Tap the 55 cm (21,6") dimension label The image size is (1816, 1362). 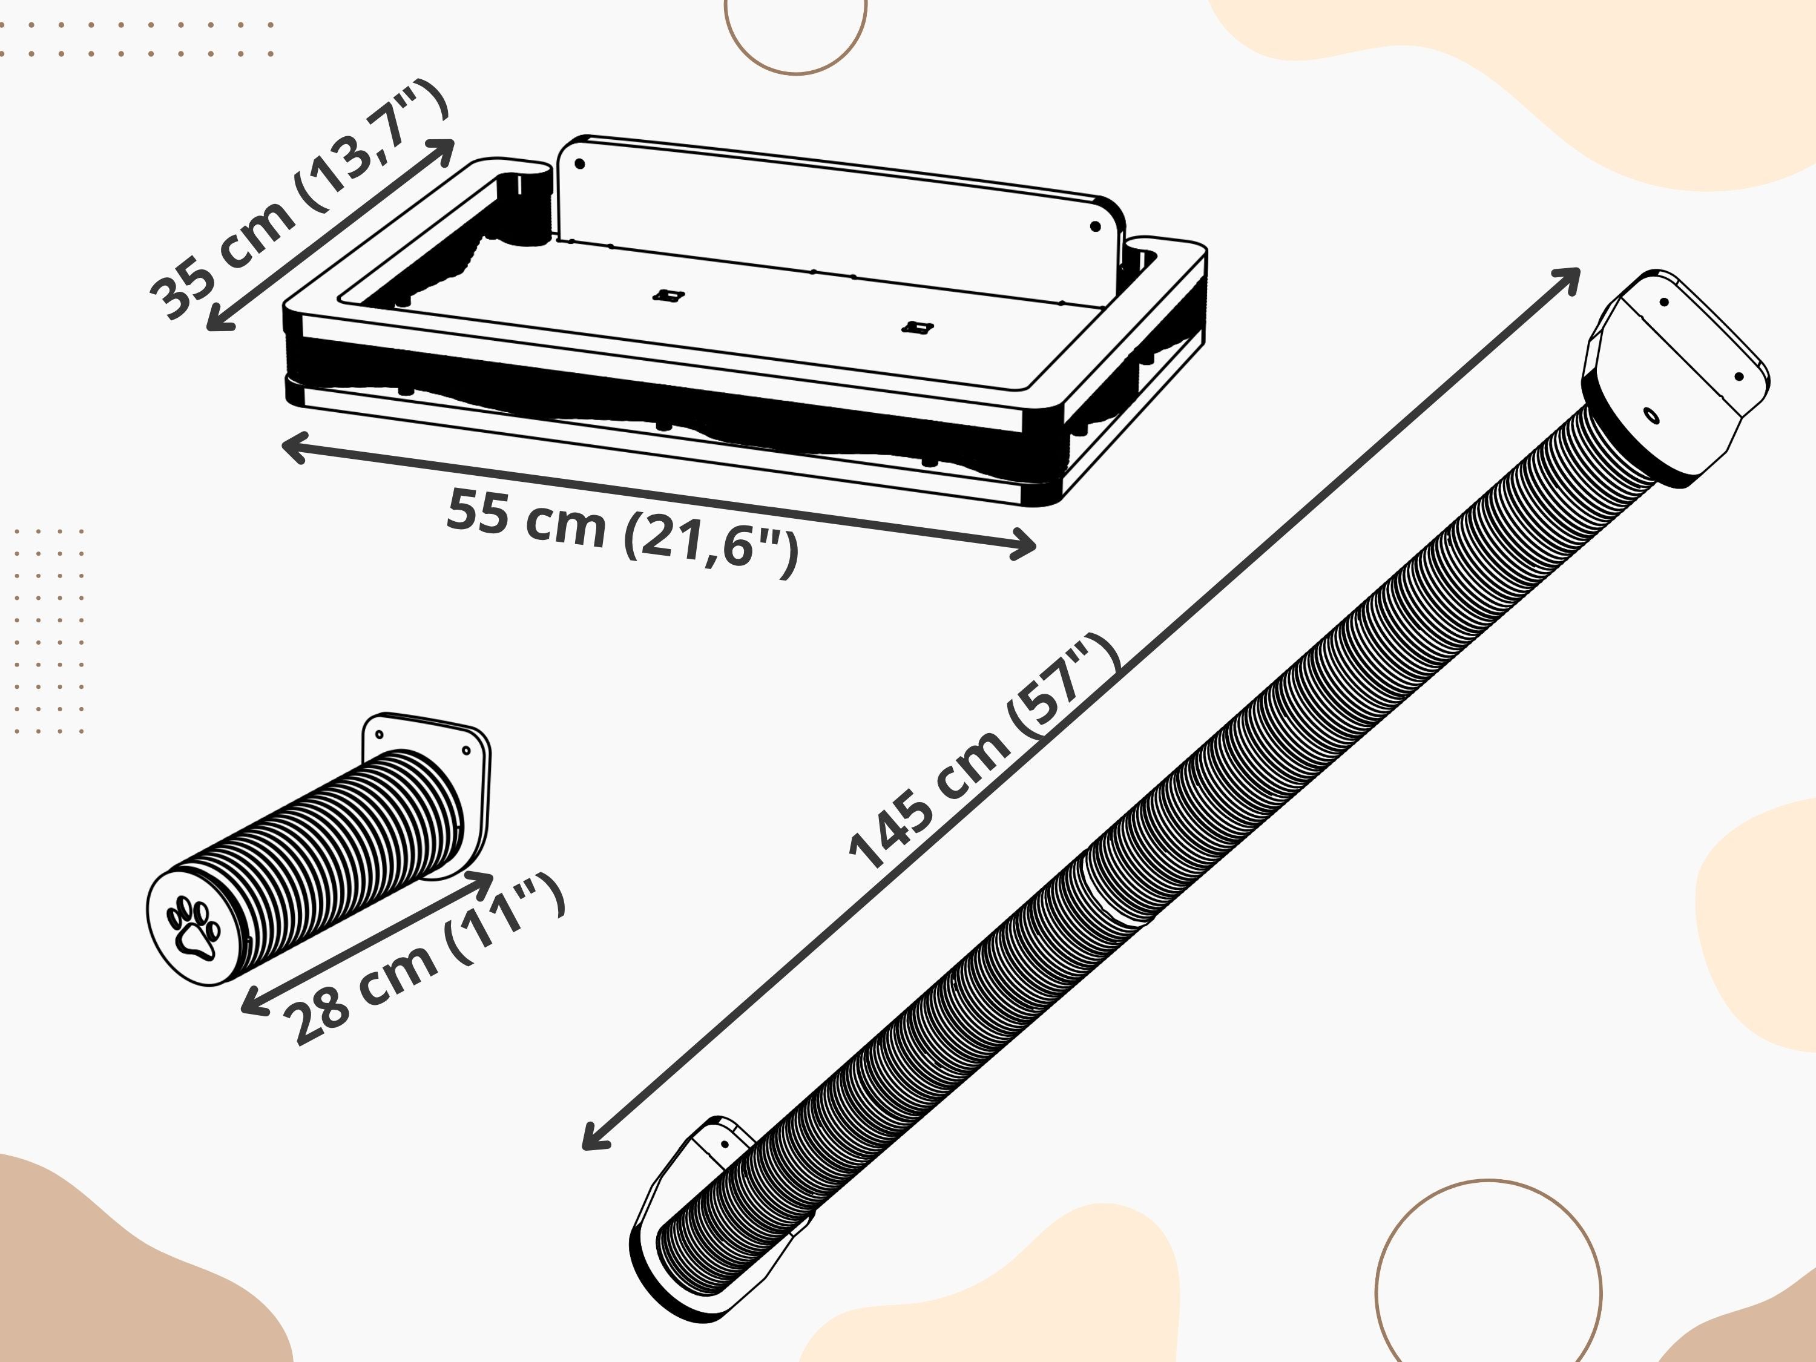622,530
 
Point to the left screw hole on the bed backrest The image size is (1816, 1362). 580,164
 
